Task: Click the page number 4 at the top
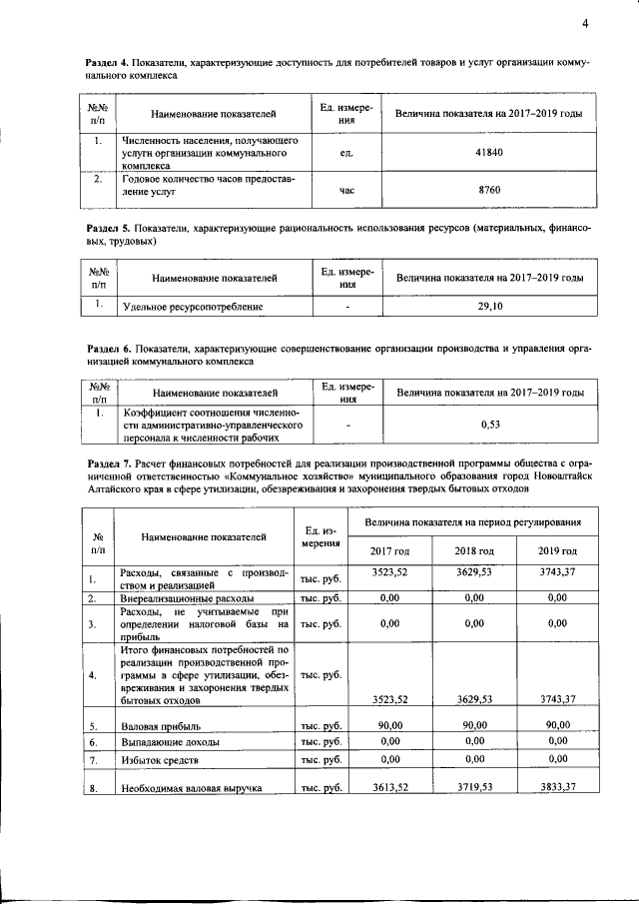[x=586, y=24]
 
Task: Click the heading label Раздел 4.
[x=106, y=63]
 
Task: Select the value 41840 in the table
[x=489, y=152]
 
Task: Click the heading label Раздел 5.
[x=106, y=230]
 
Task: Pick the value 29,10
[x=489, y=307]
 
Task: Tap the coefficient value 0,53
[x=489, y=426]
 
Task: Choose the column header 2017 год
[x=390, y=550]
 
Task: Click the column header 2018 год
[x=474, y=550]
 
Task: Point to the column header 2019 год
[x=557, y=550]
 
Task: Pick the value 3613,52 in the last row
[x=390, y=787]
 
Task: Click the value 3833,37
[x=557, y=787]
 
